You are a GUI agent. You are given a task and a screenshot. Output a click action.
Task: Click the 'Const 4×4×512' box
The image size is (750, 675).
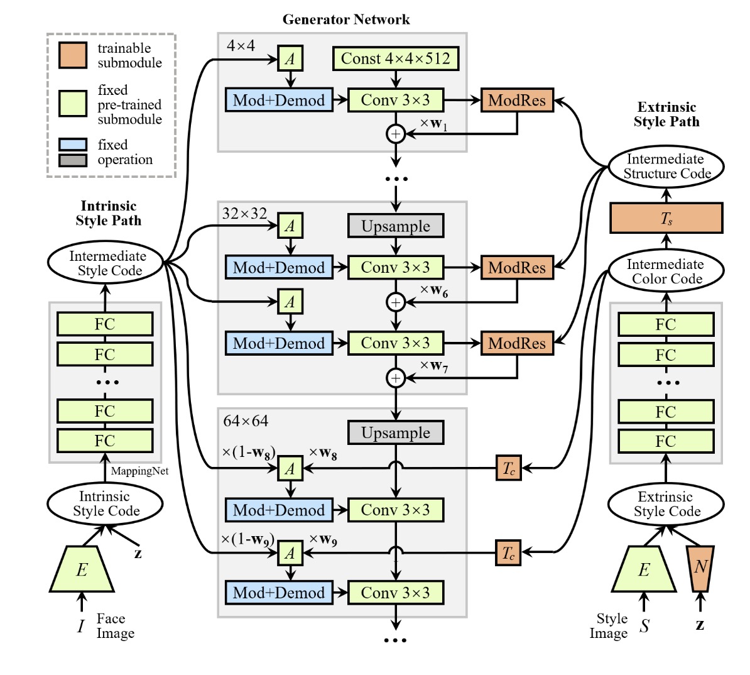click(x=395, y=59)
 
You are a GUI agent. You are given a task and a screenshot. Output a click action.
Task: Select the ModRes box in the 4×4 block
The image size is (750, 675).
click(x=517, y=100)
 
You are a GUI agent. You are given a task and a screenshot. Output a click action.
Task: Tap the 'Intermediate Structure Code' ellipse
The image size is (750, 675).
click(x=666, y=167)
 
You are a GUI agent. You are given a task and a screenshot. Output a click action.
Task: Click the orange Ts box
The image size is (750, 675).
click(x=666, y=218)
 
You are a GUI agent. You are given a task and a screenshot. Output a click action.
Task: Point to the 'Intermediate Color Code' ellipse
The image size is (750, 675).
click(x=666, y=272)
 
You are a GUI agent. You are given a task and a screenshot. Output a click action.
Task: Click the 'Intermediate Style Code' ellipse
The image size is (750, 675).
click(x=107, y=263)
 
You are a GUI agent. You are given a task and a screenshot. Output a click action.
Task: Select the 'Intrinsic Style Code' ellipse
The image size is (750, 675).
click(x=105, y=503)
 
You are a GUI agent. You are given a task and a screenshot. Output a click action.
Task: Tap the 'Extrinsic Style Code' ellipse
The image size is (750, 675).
click(x=666, y=504)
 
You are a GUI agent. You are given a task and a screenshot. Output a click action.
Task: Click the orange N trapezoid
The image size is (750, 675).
click(x=700, y=568)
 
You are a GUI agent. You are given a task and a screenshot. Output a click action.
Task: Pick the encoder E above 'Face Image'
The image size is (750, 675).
click(x=82, y=569)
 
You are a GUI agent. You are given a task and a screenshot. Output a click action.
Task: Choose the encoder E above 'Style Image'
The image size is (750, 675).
click(x=644, y=569)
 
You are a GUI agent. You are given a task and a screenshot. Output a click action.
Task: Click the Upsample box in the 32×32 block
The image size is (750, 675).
click(x=396, y=226)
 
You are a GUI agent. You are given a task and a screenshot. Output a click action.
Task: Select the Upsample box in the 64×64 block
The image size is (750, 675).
click(x=396, y=433)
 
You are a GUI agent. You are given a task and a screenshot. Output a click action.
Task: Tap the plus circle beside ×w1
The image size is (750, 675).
click(x=396, y=134)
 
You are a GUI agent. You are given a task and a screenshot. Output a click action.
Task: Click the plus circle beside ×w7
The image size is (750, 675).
click(x=396, y=378)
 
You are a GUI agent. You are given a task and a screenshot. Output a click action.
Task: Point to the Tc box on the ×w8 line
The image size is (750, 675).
click(x=508, y=468)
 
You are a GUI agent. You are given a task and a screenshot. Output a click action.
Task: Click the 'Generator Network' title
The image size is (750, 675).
click(x=346, y=19)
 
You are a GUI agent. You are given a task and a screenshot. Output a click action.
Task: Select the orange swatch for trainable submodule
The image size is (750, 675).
click(x=73, y=55)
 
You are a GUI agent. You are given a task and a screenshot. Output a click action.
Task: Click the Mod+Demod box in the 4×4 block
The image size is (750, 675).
click(x=279, y=100)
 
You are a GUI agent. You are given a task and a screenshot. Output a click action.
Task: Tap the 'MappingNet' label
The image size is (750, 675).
click(x=139, y=471)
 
